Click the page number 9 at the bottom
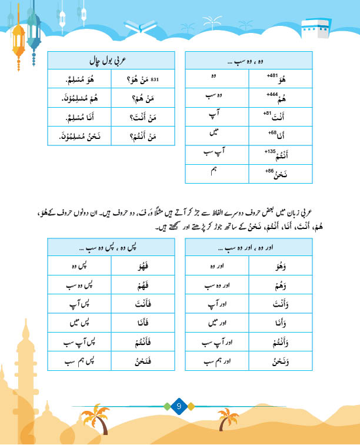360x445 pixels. [180, 406]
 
